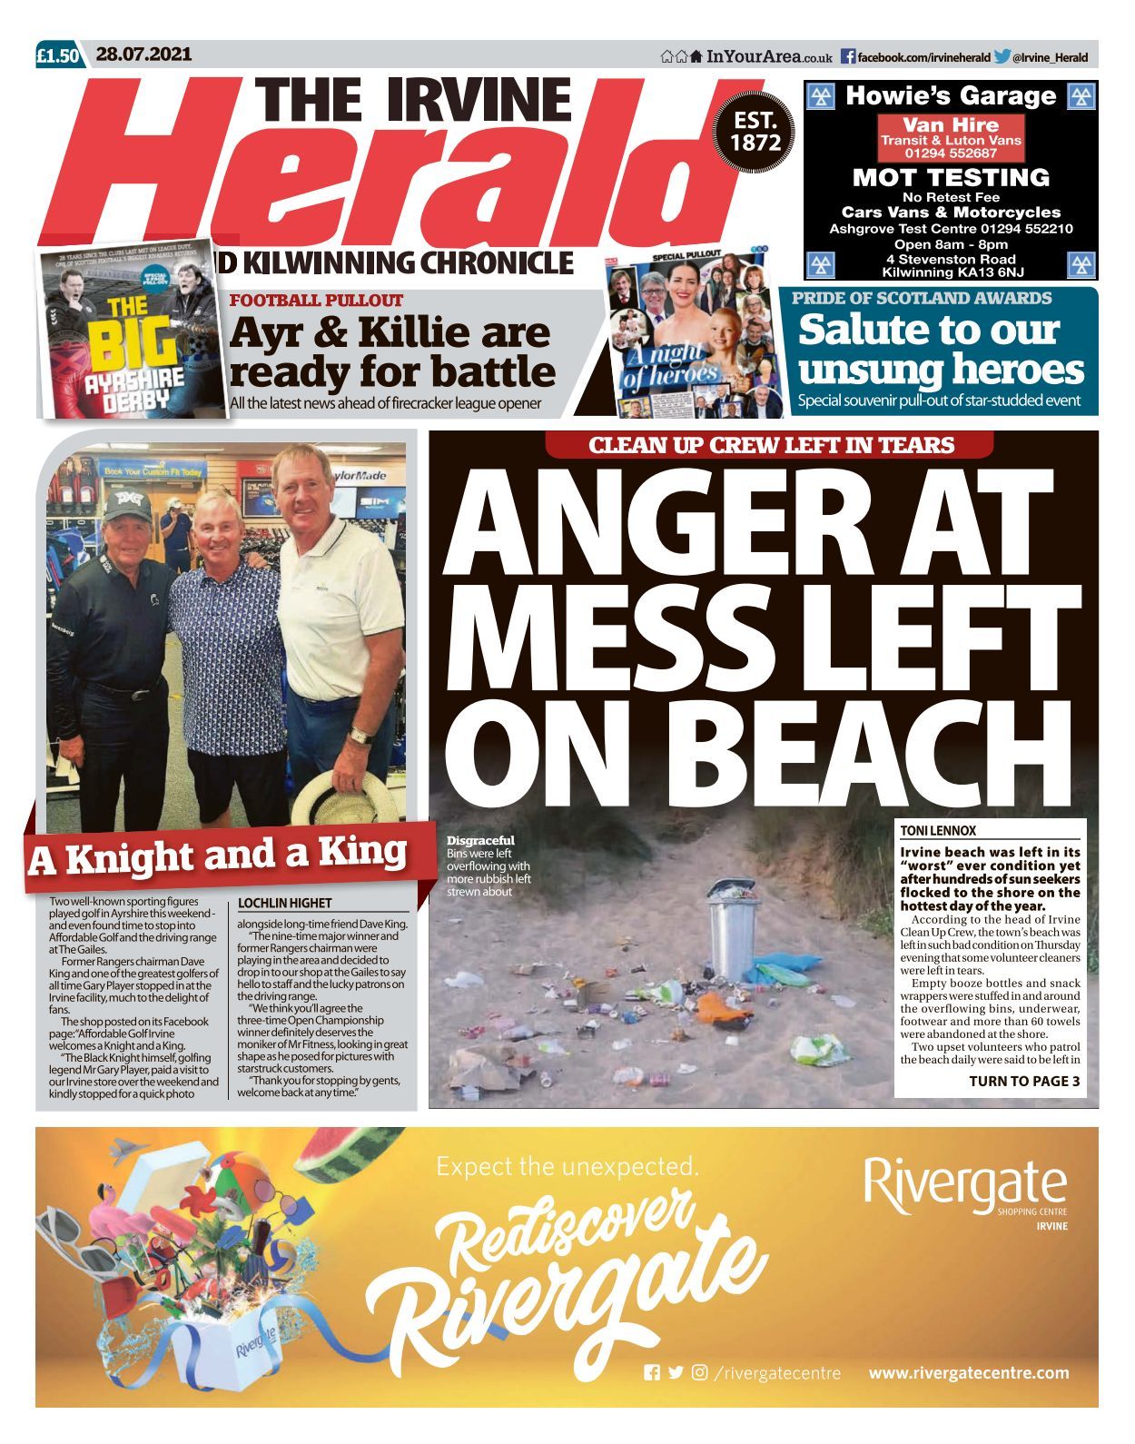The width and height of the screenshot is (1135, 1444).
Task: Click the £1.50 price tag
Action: point(59,56)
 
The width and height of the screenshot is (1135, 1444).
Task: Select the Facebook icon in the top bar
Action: point(847,57)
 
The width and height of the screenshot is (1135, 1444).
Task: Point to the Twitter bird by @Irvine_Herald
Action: point(1002,57)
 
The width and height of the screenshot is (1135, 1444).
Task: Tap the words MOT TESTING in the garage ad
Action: point(950,177)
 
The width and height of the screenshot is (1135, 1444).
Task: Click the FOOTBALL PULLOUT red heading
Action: point(316,301)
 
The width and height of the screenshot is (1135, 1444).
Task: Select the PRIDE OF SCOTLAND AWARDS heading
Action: point(922,299)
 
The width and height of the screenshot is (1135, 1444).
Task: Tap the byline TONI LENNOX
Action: point(938,830)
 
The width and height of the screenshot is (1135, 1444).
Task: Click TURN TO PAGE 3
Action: point(1023,1081)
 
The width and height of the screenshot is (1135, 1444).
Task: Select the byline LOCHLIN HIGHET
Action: point(284,903)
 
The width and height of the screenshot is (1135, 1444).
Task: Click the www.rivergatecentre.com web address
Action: point(968,1372)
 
